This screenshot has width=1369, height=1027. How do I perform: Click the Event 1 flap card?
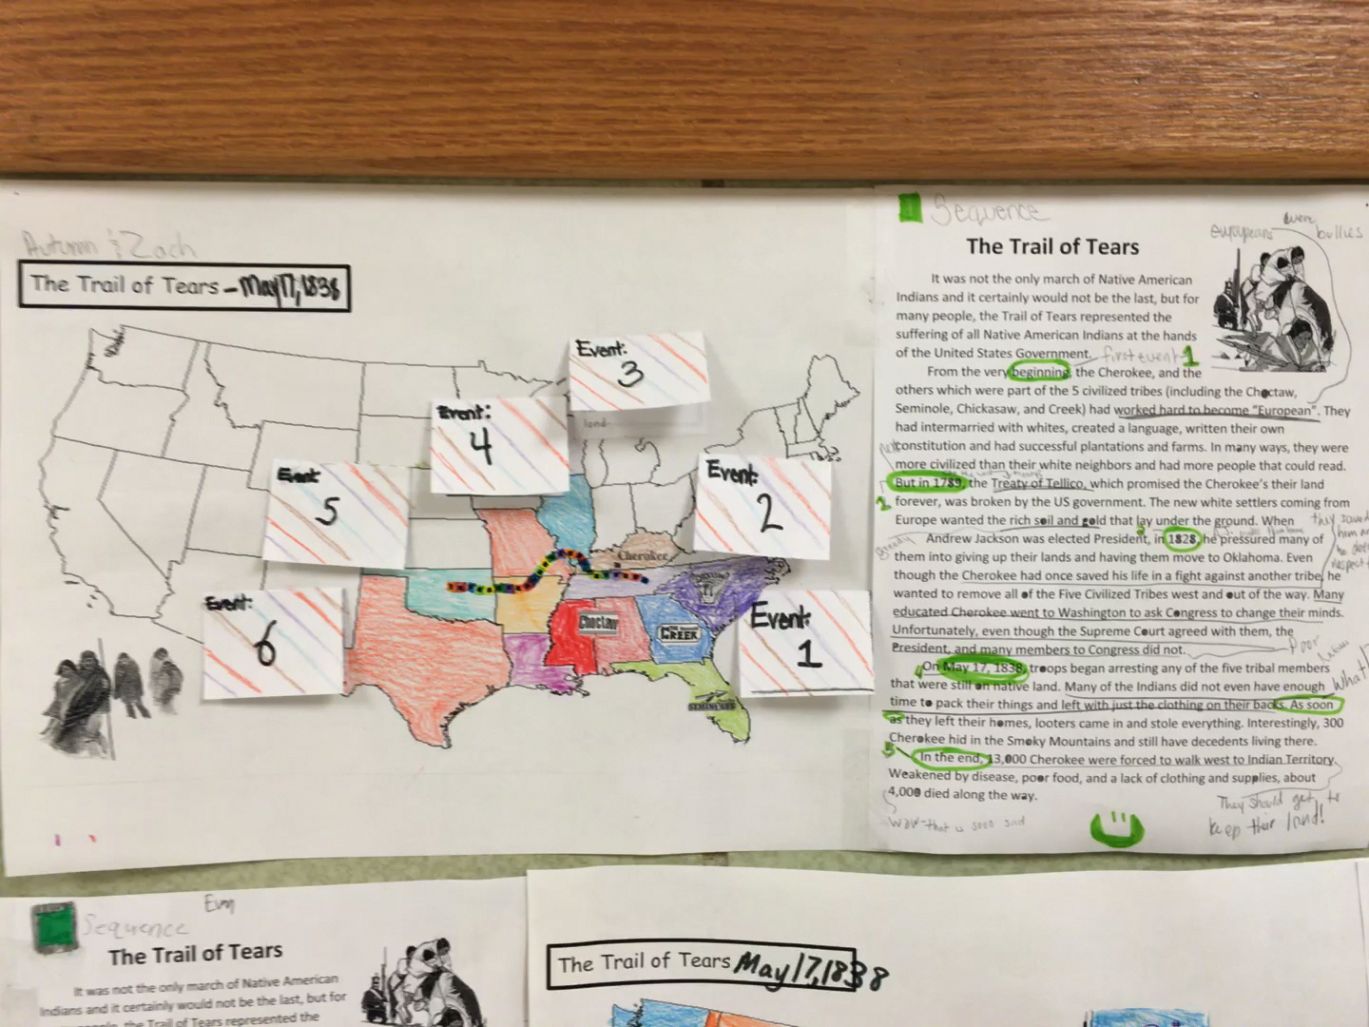coord(805,641)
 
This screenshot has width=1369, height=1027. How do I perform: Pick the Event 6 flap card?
coord(272,644)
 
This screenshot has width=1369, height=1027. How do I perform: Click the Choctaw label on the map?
coord(598,623)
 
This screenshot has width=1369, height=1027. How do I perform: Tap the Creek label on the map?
coord(679,632)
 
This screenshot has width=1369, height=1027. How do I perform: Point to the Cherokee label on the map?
coord(643,555)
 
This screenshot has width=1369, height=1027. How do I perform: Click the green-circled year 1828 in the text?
coord(1182,539)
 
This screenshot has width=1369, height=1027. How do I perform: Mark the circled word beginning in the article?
coord(1039,372)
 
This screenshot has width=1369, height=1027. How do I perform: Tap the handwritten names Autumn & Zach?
coord(109,246)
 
